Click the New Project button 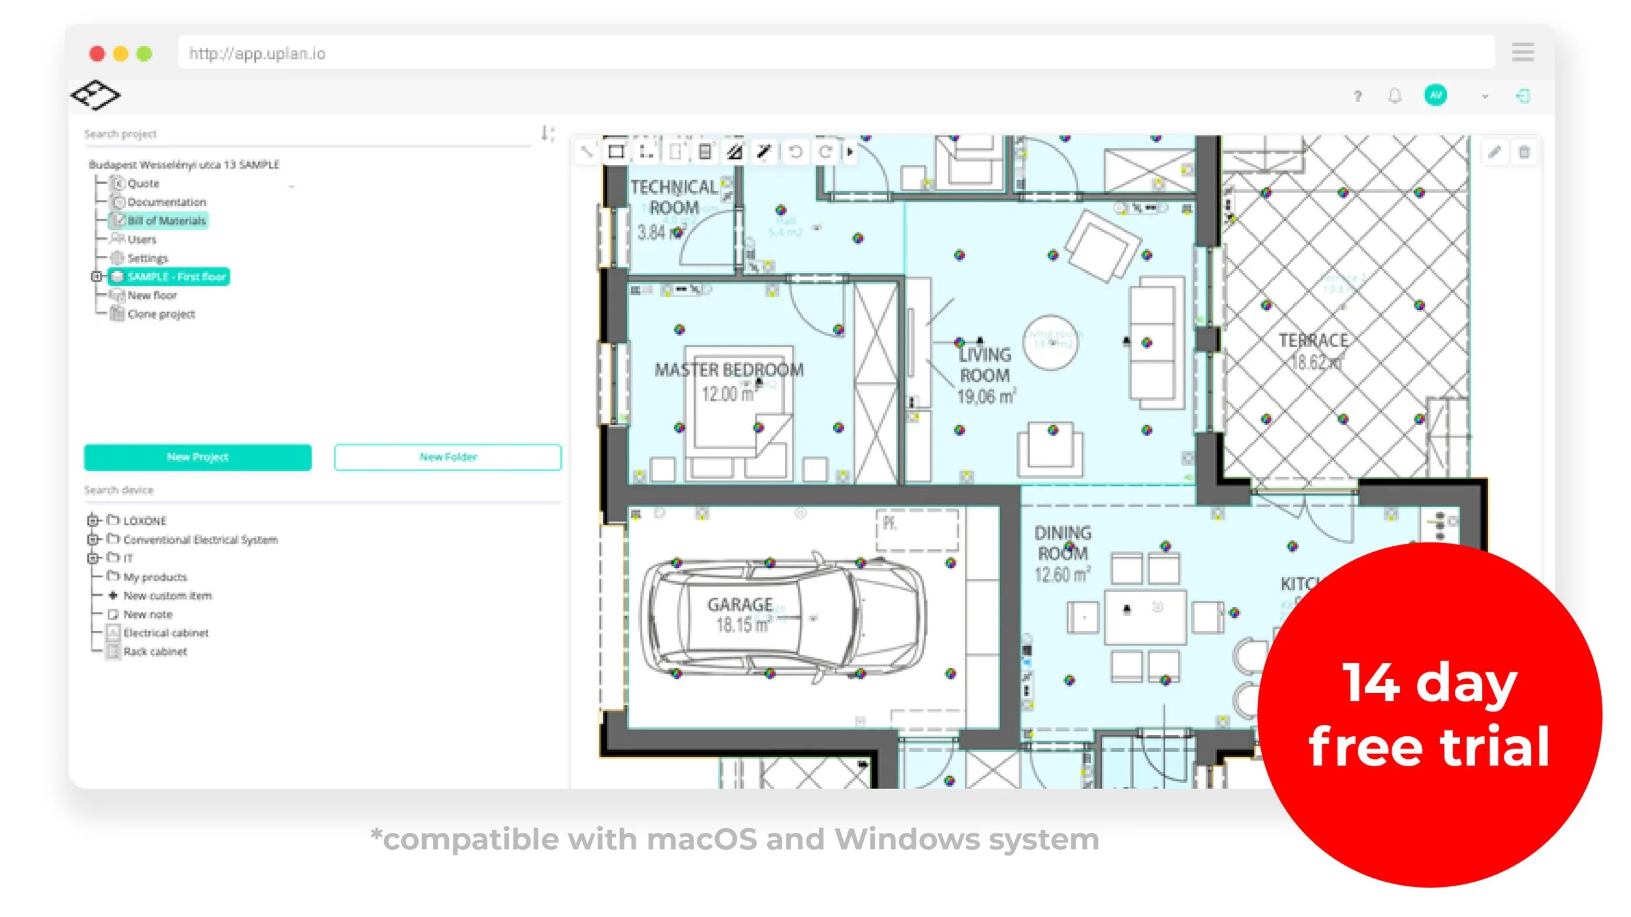point(197,457)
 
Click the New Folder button point(448,457)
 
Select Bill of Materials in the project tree point(166,221)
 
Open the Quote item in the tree point(143,183)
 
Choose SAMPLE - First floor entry point(176,277)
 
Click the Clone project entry point(160,314)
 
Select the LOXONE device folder point(144,521)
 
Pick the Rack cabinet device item point(155,651)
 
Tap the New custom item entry point(167,595)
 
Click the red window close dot point(97,54)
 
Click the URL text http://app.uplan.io point(257,54)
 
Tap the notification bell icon point(1394,96)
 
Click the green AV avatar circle point(1435,95)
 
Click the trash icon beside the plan point(1524,152)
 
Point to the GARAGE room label point(740,604)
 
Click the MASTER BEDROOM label point(729,370)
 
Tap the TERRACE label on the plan point(1313,341)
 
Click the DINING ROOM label point(1062,543)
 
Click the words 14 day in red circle point(1429,683)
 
